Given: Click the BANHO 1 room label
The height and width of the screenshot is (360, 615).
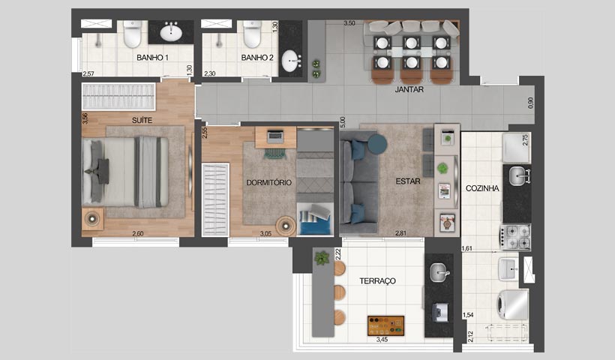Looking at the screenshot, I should coord(152,58).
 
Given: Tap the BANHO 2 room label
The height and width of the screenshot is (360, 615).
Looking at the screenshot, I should coord(257,58).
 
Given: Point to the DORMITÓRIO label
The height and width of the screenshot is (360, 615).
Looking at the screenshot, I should coord(269,182).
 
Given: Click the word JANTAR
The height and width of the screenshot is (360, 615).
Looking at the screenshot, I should coord(409,89).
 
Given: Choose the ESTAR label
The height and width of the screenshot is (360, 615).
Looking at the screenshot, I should coord(408,181).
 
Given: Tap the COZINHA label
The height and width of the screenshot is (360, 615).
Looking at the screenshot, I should coord(482,189).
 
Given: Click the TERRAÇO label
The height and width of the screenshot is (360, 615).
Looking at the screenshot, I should coord(377,280).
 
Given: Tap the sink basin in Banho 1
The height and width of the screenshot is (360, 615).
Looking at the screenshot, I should coord(172,32).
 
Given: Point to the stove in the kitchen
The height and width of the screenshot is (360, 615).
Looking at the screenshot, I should coord(517,236).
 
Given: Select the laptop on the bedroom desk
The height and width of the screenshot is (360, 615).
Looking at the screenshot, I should coord(274,137).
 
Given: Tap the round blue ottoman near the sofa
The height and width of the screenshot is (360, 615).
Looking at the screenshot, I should coord(375,142).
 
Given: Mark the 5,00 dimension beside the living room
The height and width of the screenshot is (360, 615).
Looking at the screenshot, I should coord(342,121).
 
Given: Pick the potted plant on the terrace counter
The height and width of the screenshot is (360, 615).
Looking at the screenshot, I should coord(322,258).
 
